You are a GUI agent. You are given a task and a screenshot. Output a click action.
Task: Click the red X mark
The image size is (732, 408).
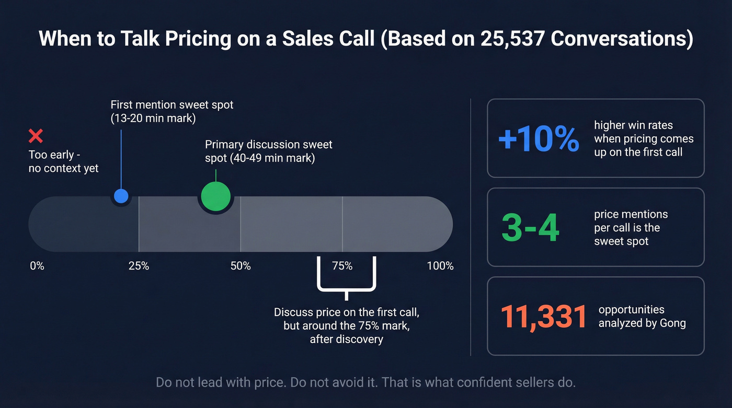tap(36, 136)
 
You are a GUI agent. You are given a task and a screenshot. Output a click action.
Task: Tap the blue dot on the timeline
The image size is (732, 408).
tap(121, 196)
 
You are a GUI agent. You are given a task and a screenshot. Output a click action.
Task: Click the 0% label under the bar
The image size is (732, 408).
tap(37, 266)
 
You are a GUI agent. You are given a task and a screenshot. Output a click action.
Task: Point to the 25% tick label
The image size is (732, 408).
tap(139, 266)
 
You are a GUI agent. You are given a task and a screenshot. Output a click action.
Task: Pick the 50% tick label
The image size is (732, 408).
tap(241, 266)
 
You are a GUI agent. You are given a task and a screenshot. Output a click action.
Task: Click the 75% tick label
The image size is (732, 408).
tap(342, 266)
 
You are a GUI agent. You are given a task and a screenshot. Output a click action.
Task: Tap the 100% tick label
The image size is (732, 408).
tap(440, 266)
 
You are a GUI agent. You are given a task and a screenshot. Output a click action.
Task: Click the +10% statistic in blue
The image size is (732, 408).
tap(538, 139)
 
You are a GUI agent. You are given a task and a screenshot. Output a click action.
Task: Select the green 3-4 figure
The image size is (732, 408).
tap(530, 228)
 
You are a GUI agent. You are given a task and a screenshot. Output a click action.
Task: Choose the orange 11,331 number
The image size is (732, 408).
tap(544, 317)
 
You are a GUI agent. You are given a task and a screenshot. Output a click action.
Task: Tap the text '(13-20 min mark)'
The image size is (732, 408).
tap(153, 119)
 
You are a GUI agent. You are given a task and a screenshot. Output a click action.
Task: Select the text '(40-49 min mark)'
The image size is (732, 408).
tap(260, 158)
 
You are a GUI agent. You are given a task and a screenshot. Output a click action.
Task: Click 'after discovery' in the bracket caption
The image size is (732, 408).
tap(346, 339)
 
